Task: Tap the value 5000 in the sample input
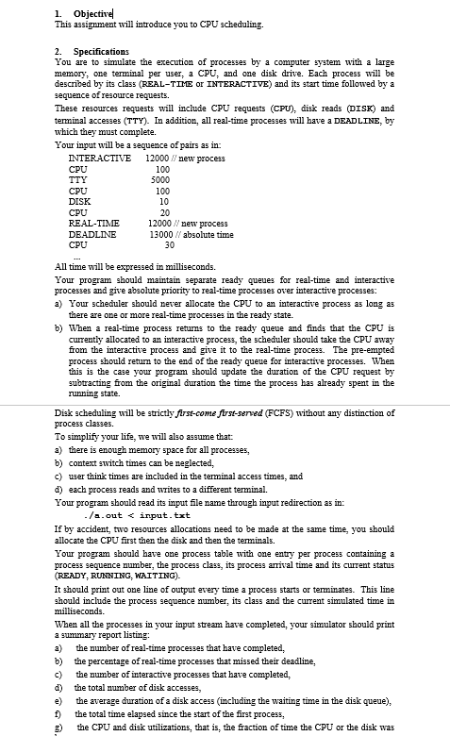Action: point(161,178)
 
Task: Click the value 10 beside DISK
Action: point(164,201)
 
